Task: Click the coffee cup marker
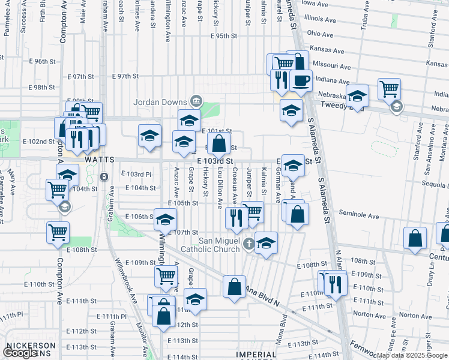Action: point(301,80)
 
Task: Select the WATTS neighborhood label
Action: point(99,160)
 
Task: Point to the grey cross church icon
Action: point(250,244)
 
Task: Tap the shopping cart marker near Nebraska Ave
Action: point(390,89)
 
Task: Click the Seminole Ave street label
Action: point(359,214)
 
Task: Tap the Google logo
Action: point(20,353)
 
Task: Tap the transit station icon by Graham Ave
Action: point(104,178)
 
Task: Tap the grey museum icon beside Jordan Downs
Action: point(196,100)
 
